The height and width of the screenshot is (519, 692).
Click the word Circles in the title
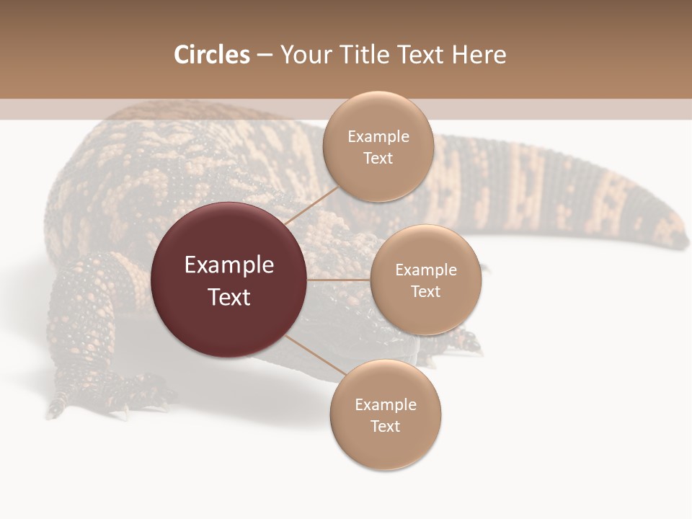[211, 55]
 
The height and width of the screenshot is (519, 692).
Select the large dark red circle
[229, 280]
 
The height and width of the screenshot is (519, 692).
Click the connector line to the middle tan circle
[339, 280]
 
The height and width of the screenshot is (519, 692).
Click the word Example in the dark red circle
[229, 265]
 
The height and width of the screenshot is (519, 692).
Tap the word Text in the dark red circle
[229, 297]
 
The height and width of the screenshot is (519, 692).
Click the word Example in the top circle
[378, 137]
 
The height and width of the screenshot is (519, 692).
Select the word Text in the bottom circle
[385, 426]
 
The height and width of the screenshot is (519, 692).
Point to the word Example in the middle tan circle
[425, 270]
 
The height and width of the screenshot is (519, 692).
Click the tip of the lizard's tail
[680, 238]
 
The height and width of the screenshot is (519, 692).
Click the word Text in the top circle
[378, 158]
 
